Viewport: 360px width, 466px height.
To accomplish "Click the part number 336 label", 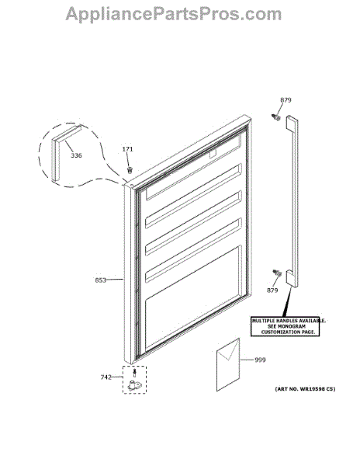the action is (x=76, y=155).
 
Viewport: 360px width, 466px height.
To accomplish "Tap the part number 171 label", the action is (x=127, y=149).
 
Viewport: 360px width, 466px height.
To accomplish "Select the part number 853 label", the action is (x=101, y=280).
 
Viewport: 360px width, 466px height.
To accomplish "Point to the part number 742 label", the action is (x=106, y=377).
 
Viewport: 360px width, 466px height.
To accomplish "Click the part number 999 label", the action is (x=260, y=360).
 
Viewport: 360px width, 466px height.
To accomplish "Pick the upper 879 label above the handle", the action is (x=286, y=100).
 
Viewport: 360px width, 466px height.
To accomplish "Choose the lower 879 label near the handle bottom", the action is (x=272, y=290).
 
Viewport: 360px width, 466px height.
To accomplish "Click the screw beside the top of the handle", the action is (x=276, y=117).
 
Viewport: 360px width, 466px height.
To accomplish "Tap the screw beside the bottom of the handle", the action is (x=277, y=273).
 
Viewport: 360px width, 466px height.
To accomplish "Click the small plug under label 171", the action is (x=130, y=170).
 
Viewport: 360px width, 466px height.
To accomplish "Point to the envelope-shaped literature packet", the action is (x=228, y=364).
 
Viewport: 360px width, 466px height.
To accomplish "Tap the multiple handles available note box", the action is (x=285, y=327).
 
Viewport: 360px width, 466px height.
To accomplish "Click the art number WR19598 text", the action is (x=305, y=389).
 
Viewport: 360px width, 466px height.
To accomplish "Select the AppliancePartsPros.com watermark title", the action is (x=173, y=14).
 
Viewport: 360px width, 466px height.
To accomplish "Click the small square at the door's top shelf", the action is (x=213, y=154).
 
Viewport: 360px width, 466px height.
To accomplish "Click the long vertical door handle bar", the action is (x=292, y=201).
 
